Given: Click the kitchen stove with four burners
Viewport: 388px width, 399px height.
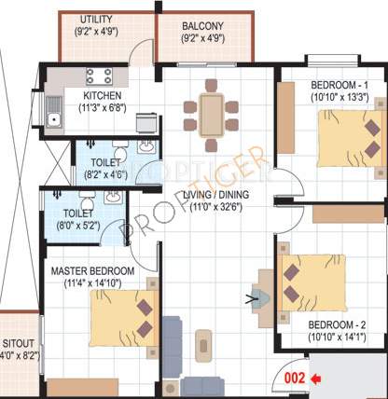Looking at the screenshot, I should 99,77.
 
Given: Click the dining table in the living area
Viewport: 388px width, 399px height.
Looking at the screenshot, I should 212,114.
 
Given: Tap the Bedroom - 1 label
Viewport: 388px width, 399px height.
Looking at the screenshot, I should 339,86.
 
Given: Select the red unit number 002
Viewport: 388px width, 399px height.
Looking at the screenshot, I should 296,378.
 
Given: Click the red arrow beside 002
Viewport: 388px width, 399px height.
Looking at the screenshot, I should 316,378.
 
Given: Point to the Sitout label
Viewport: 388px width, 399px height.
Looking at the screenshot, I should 18,342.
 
